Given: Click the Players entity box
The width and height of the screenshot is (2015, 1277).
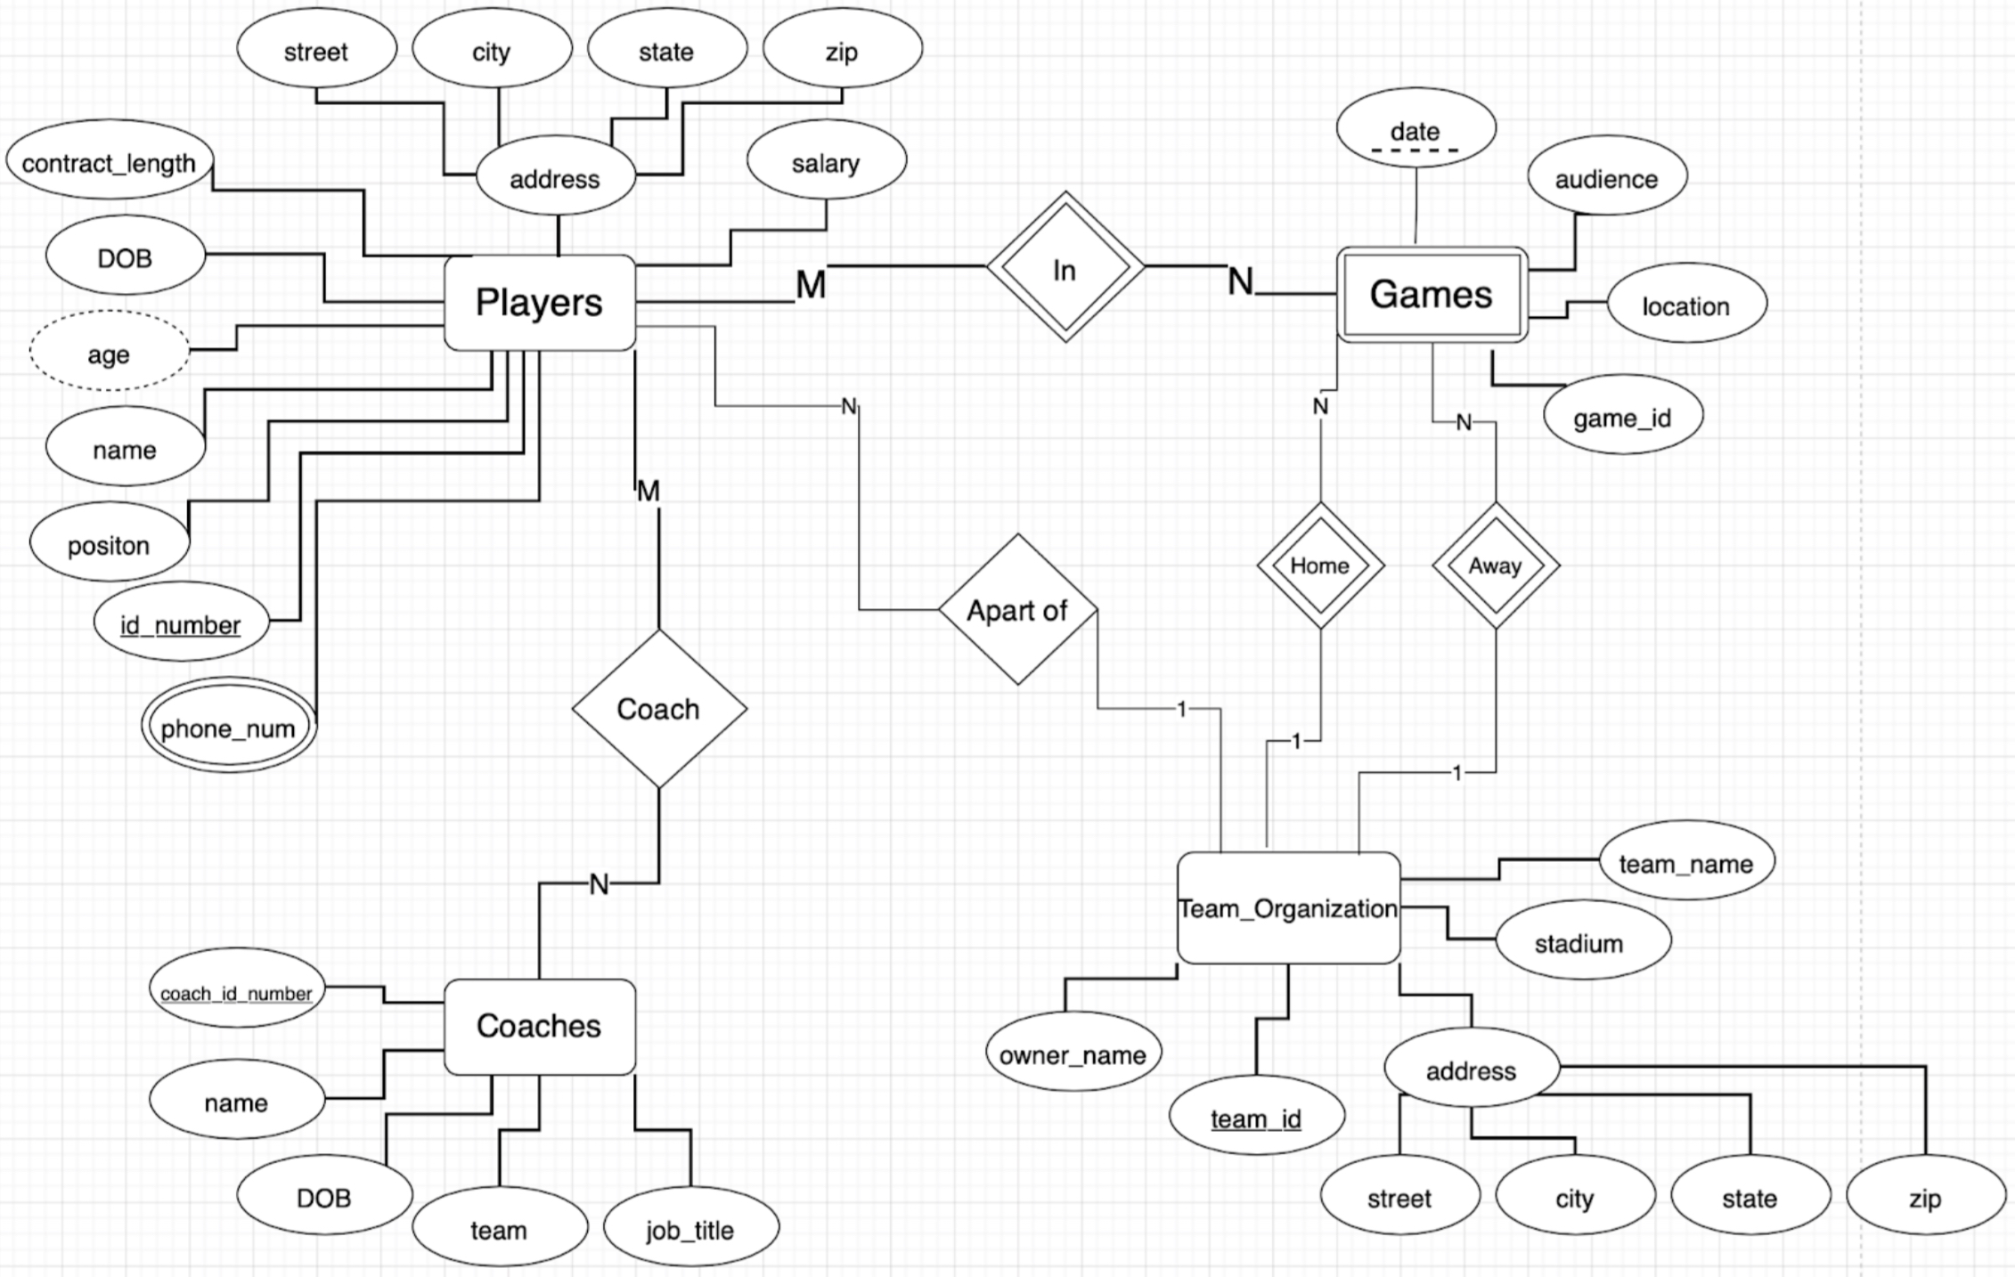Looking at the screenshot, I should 539,303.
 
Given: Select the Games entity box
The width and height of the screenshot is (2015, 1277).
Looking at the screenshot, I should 1432,295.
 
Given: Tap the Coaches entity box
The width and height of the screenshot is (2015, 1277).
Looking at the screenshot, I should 539,1026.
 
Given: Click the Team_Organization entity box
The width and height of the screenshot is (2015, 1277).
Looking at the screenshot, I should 1288,908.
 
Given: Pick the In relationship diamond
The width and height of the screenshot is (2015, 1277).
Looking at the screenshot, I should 1065,267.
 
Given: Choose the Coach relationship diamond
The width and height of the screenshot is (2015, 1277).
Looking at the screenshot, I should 658,709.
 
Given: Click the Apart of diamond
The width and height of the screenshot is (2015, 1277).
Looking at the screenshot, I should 1017,610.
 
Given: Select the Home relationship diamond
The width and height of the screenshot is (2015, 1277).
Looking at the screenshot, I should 1320,565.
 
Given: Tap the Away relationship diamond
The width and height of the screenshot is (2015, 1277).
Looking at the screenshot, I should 1495,565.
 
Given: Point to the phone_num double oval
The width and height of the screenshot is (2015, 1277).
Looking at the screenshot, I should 228,726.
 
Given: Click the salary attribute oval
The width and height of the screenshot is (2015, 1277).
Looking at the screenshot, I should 826,162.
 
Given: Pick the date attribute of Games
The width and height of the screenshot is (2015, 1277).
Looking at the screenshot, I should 1415,129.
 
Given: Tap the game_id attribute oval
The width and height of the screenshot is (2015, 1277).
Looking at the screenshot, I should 1622,416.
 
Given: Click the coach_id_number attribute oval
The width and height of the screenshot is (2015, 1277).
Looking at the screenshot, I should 236,988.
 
